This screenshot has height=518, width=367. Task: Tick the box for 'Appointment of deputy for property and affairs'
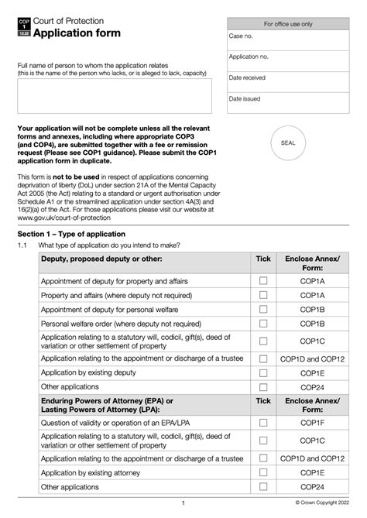263,280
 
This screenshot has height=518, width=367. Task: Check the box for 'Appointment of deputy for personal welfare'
263,310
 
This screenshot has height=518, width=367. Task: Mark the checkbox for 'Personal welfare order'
263,324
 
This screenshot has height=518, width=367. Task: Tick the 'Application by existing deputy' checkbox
263,372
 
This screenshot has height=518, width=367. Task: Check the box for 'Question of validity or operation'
263,424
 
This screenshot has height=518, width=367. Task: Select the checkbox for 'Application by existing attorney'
263,472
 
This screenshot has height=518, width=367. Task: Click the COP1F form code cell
312,424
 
